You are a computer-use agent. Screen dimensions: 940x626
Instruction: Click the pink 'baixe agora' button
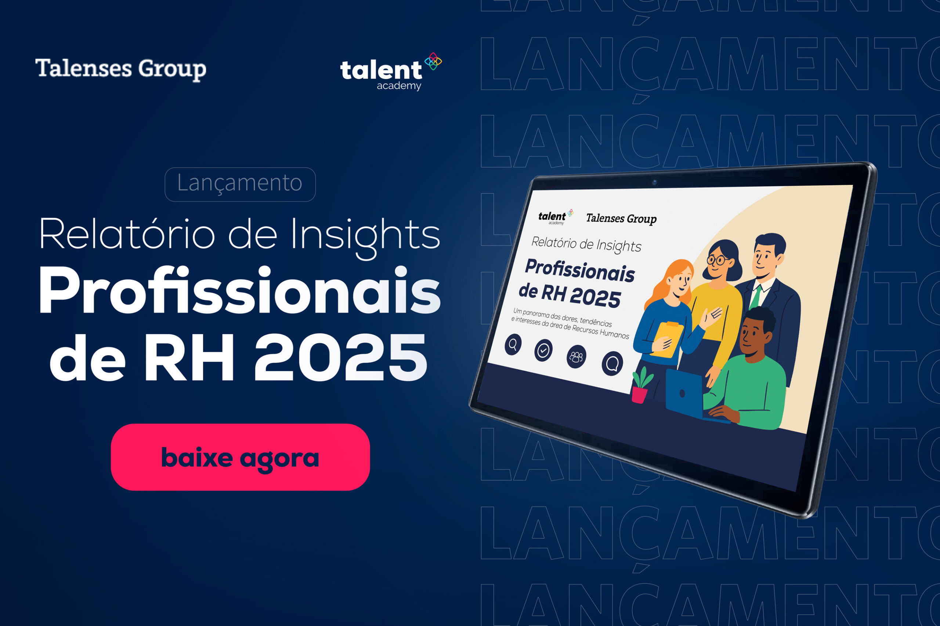pyautogui.click(x=240, y=457)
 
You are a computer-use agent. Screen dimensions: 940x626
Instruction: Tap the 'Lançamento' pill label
pyautogui.click(x=240, y=184)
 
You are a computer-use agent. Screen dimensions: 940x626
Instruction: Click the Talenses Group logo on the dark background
pyautogui.click(x=121, y=69)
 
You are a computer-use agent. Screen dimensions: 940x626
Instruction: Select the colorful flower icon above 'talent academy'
pyautogui.click(x=433, y=61)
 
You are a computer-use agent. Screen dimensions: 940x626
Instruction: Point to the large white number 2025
pyautogui.click(x=340, y=357)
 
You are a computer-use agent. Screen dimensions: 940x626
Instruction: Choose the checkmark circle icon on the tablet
pyautogui.click(x=543, y=350)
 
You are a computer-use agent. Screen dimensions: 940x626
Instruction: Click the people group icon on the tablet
pyautogui.click(x=576, y=356)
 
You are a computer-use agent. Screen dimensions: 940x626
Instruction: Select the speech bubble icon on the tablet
pyautogui.click(x=612, y=363)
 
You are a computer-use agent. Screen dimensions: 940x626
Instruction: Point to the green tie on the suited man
pyautogui.click(x=755, y=297)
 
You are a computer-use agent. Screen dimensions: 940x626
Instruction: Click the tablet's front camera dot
pyautogui.click(x=654, y=183)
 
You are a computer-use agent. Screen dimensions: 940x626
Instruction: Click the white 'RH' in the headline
pyautogui.click(x=189, y=357)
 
